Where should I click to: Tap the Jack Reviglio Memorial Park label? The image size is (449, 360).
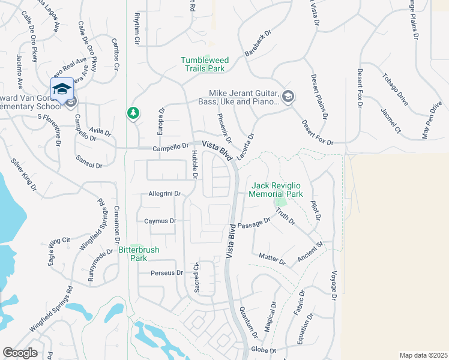coord(277,190)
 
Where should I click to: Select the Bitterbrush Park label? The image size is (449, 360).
coord(133,254)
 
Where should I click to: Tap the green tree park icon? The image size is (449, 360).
coord(133,113)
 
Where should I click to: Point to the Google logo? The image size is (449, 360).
coord(20,353)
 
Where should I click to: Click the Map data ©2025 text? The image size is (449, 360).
coord(423,355)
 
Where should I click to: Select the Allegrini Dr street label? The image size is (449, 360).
coord(164,193)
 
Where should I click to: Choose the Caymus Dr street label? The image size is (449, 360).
coord(160,221)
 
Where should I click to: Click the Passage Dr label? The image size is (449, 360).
coord(254,224)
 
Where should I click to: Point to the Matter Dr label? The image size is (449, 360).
coord(271,259)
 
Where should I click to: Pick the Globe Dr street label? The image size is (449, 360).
coord(263,350)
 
